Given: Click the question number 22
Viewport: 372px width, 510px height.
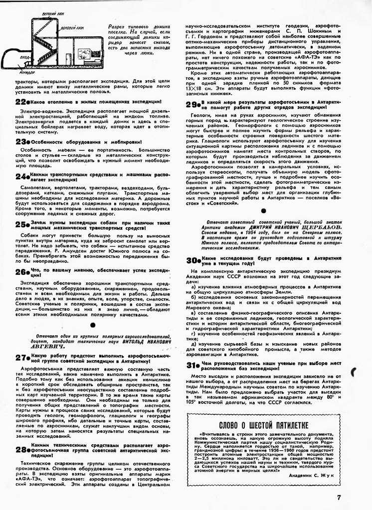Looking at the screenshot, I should (20, 102).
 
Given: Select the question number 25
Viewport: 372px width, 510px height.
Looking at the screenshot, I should (20, 224).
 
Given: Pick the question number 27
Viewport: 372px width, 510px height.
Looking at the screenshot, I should (20, 358).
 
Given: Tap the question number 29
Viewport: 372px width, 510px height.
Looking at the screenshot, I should (191, 105).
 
